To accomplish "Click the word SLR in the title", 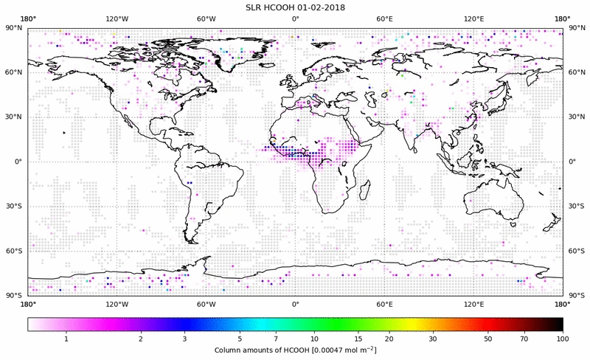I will coord(254,7).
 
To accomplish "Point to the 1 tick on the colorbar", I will coord(66,339).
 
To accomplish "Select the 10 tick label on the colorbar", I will coord(315,339).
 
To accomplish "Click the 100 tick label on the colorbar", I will coord(563,339).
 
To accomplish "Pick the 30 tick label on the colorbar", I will coord(434,339).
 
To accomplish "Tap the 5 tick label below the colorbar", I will coord(240,339).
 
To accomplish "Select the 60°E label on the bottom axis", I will coord(384,304).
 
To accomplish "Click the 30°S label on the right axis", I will coord(575,207).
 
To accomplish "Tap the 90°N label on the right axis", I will coord(575,28).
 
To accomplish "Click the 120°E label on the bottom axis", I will coord(473,304).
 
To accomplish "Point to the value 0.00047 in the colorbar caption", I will coord(326,350).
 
